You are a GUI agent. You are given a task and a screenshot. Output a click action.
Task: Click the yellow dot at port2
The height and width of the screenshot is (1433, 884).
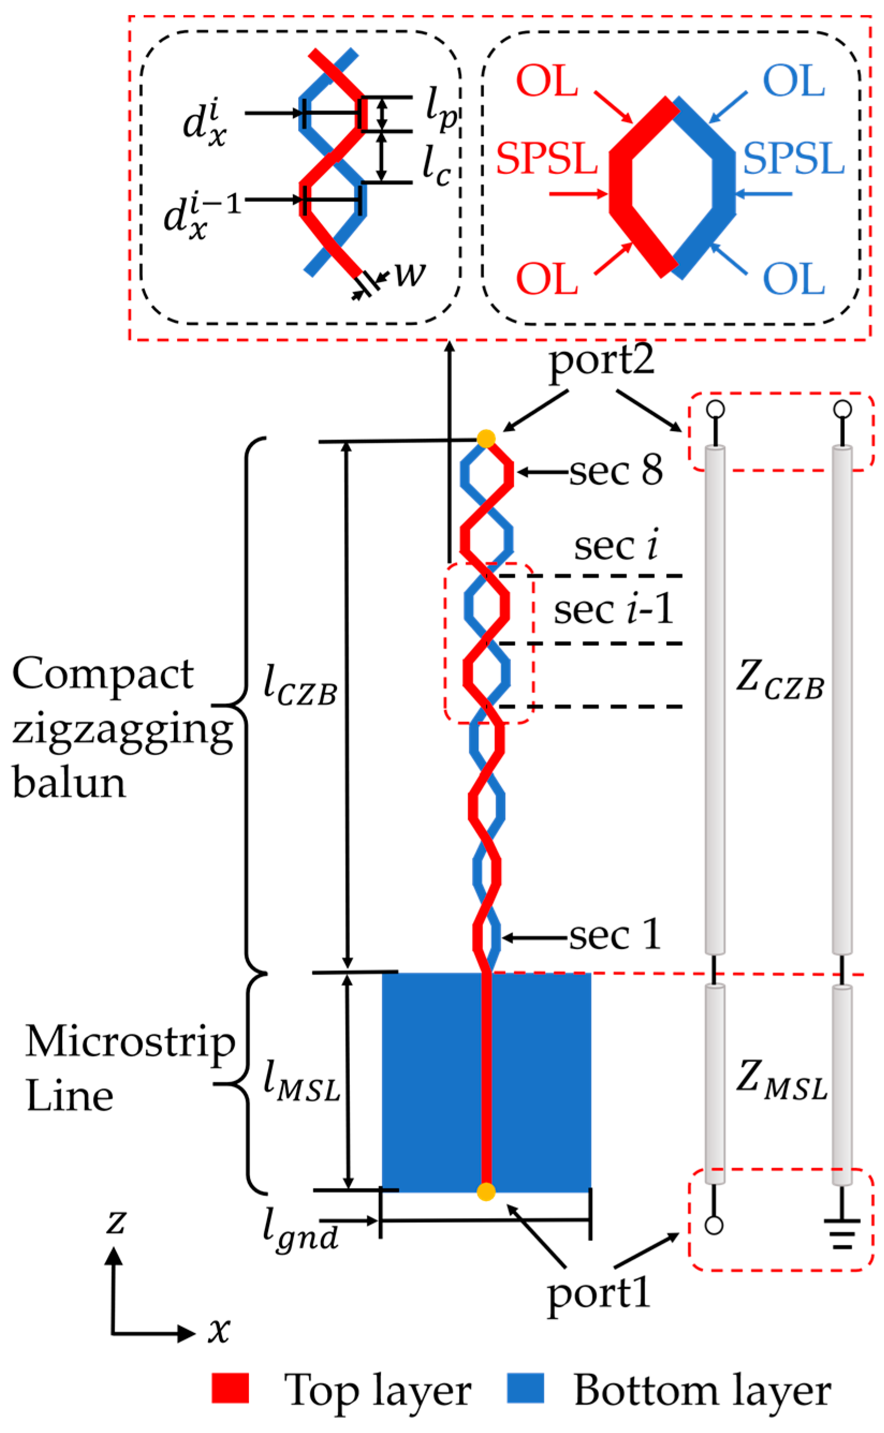click(487, 438)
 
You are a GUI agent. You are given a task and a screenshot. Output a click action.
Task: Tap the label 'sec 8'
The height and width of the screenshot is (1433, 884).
click(616, 470)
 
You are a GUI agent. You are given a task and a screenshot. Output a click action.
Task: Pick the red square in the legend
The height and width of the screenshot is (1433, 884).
click(230, 1388)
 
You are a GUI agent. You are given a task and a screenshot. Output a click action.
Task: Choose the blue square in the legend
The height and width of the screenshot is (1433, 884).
click(525, 1388)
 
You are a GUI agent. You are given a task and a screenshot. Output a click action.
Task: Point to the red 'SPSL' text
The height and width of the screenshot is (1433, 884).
click(547, 159)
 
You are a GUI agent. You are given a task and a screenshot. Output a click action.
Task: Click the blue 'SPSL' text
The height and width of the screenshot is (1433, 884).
click(793, 159)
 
